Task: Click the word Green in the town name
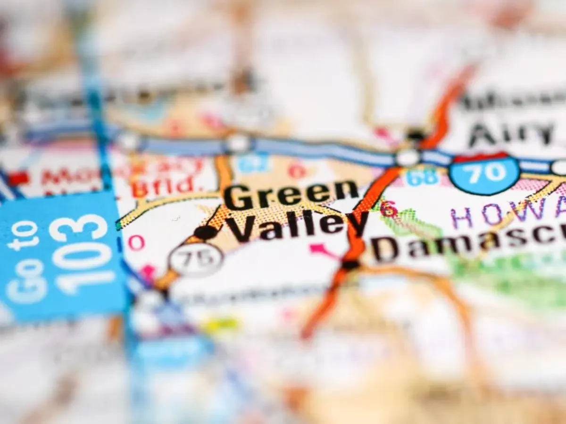[x=291, y=194]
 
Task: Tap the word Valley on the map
[x=297, y=224]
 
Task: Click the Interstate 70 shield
[x=484, y=173]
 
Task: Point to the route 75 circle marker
[x=196, y=260]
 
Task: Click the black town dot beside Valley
[x=206, y=232]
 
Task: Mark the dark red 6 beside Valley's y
[x=389, y=209]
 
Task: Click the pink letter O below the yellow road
[x=136, y=243]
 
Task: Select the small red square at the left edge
[x=18, y=179]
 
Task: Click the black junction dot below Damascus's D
[x=351, y=265]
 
